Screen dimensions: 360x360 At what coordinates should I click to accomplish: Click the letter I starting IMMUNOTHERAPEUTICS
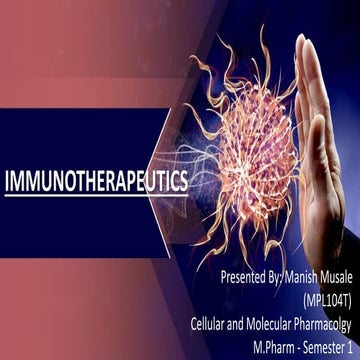7,183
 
